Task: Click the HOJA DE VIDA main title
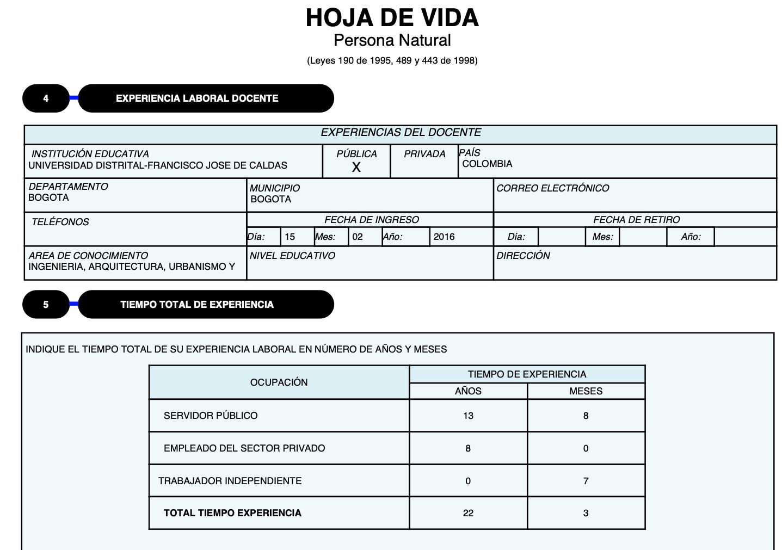coord(392,18)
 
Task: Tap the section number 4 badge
coord(46,98)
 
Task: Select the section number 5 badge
coord(46,305)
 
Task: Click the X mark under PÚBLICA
coord(356,168)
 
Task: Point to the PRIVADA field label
coord(424,154)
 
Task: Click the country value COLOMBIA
coord(487,164)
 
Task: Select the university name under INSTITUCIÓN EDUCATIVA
coord(158,165)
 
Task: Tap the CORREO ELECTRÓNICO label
coord(552,188)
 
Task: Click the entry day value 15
coord(290,237)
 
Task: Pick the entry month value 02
coord(358,237)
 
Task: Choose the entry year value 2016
coord(444,237)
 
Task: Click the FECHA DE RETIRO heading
coord(636,220)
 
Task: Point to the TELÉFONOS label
coord(60,222)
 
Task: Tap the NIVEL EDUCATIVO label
coord(292,256)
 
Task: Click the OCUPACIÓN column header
coord(279,382)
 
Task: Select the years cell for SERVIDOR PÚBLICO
coord(468,416)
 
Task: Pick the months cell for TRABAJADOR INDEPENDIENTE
coord(586,481)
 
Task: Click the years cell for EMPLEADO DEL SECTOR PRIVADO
coord(468,448)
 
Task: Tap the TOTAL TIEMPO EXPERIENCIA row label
coord(232,513)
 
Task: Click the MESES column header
coord(586,391)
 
